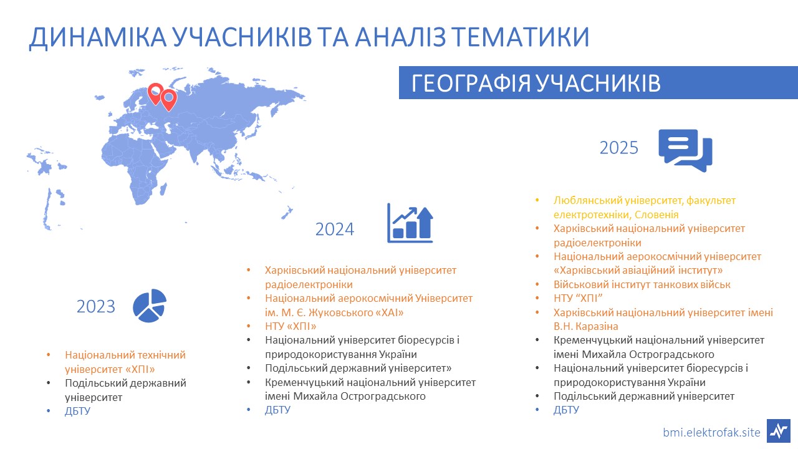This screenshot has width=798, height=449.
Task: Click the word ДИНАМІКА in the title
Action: pos(98,37)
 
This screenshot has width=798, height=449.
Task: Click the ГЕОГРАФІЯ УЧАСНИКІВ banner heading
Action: pos(536,84)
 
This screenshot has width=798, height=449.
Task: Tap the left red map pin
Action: pos(155,94)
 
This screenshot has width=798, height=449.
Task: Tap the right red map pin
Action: pos(168,100)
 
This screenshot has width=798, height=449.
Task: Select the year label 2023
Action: pos(96,306)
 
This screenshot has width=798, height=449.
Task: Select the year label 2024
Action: pos(335,229)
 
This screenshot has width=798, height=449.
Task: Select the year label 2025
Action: pos(619,148)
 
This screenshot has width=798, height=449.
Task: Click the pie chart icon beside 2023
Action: pos(150,306)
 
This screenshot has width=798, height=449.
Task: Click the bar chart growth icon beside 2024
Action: pos(410,223)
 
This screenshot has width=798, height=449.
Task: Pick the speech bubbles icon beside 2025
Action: pos(685,150)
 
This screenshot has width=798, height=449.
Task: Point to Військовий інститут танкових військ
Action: pos(642,284)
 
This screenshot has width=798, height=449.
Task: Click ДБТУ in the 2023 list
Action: pos(78,411)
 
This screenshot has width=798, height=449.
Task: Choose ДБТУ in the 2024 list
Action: pos(277,410)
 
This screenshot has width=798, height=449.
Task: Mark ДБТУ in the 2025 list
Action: pos(566,410)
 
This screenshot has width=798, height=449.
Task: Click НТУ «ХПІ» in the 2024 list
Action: pos(291,326)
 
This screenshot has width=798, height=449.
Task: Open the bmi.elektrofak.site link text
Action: pos(711,432)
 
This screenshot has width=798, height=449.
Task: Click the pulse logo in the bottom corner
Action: pos(779,431)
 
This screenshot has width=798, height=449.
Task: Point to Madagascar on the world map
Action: pos(163,189)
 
